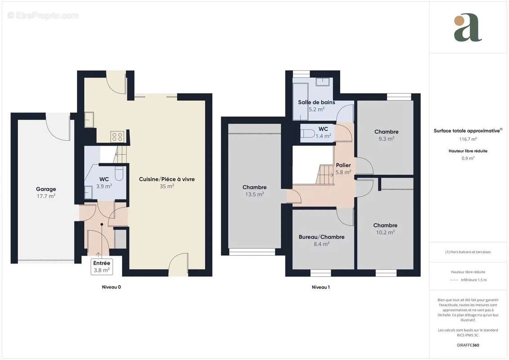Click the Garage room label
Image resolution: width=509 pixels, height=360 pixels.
[46, 189]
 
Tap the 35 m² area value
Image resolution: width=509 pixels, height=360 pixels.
[167, 186]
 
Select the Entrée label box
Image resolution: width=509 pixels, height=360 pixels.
[102, 266]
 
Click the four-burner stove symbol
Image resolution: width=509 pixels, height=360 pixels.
[117, 136]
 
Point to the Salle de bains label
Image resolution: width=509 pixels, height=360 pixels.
[316, 102]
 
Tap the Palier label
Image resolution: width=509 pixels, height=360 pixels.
[343, 165]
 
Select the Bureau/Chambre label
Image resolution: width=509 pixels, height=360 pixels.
[321, 237]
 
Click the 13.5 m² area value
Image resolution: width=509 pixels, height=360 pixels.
[255, 194]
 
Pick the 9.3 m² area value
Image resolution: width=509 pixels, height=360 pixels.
[386, 139]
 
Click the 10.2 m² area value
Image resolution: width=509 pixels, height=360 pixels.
[385, 233]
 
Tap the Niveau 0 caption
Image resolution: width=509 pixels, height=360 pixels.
[111, 287]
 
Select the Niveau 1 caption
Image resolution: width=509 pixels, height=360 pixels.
[321, 287]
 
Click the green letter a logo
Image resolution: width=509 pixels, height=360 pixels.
[468, 28]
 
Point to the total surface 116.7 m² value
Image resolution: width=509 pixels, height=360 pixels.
[468, 139]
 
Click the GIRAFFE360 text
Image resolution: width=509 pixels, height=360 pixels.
[468, 345]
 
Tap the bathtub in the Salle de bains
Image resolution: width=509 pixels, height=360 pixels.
[301, 102]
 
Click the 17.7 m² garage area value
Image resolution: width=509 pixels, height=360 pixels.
[46, 196]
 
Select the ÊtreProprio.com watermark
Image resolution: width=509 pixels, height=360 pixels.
[43, 16]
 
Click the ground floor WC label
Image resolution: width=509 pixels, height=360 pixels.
[104, 179]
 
